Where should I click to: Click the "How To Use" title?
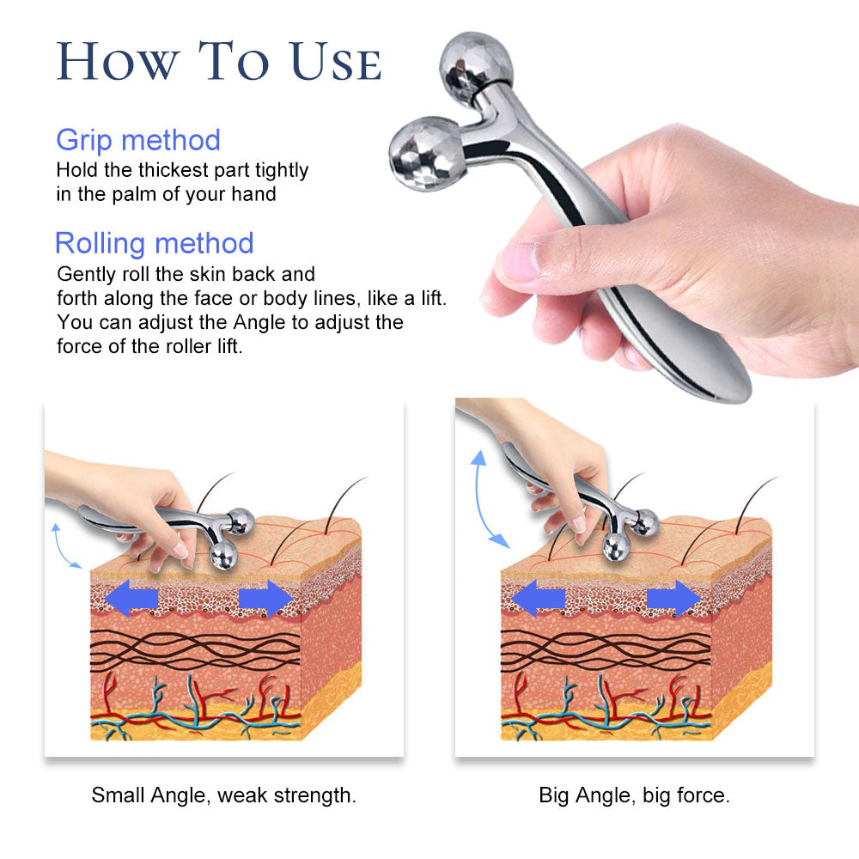tap(218, 62)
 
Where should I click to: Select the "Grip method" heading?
tap(138, 140)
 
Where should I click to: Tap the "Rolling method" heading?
tap(154, 243)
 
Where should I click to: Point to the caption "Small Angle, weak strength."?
tap(223, 795)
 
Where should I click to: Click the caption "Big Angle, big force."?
tap(634, 795)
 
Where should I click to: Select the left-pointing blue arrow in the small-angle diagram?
tap(130, 598)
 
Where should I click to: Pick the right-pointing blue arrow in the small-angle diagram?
tap(266, 598)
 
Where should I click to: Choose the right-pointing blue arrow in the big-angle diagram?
tap(674, 598)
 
